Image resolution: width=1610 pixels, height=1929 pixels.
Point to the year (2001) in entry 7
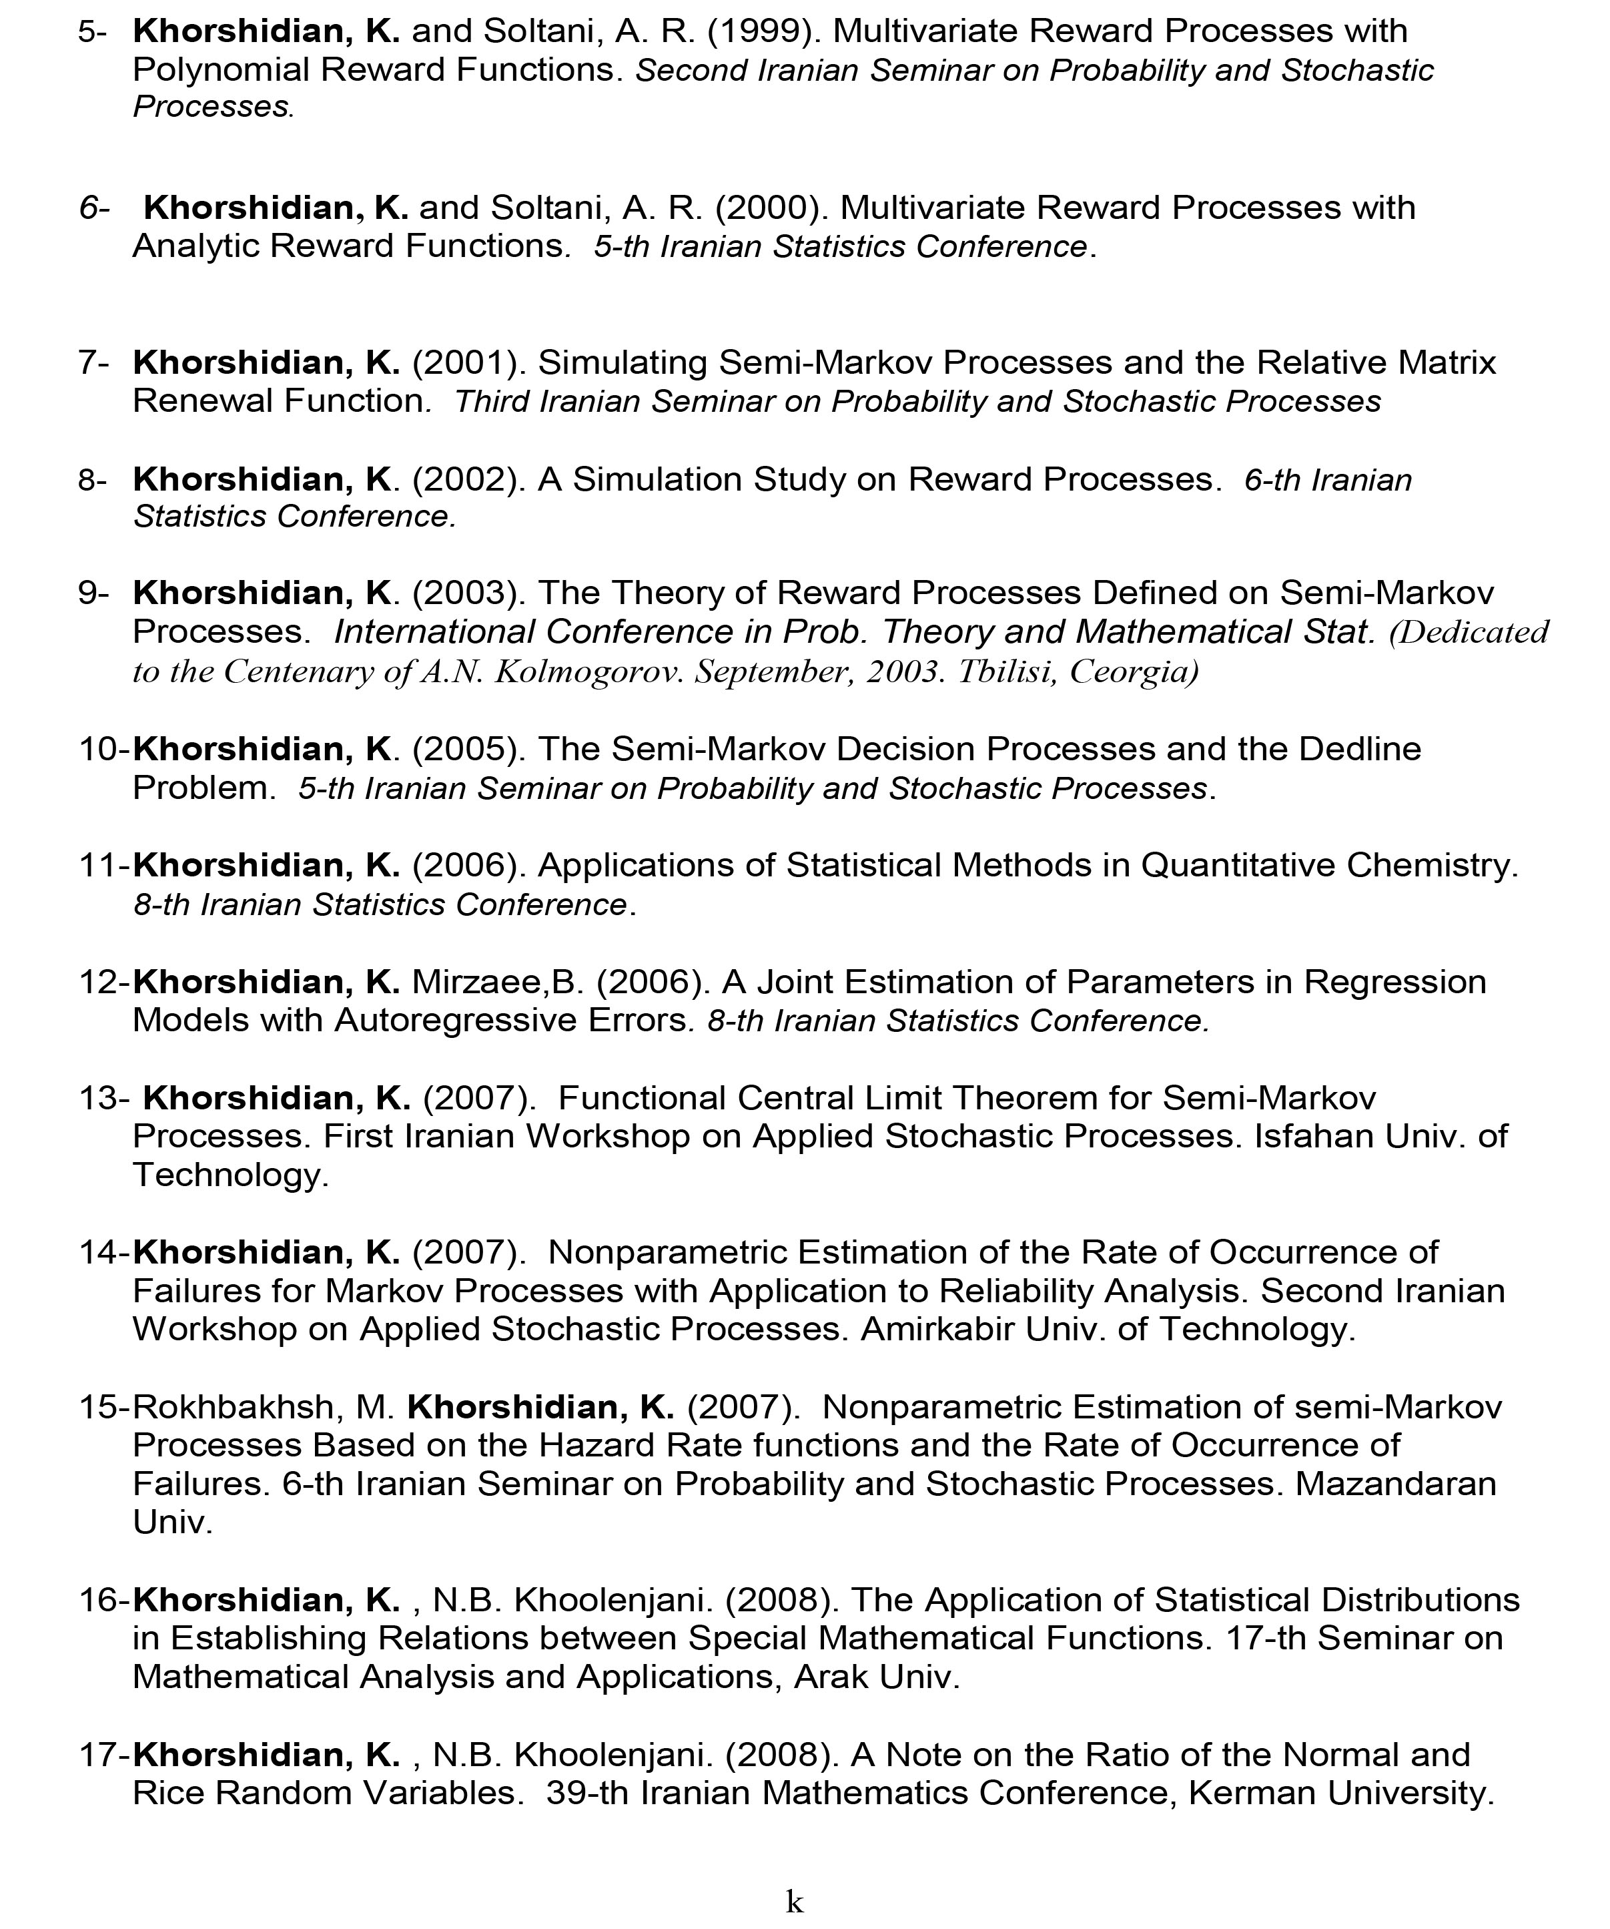pos(468,364)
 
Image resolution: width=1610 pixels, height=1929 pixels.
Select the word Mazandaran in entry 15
pos(1396,1485)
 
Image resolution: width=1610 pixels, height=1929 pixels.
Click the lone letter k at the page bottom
pos(795,1902)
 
